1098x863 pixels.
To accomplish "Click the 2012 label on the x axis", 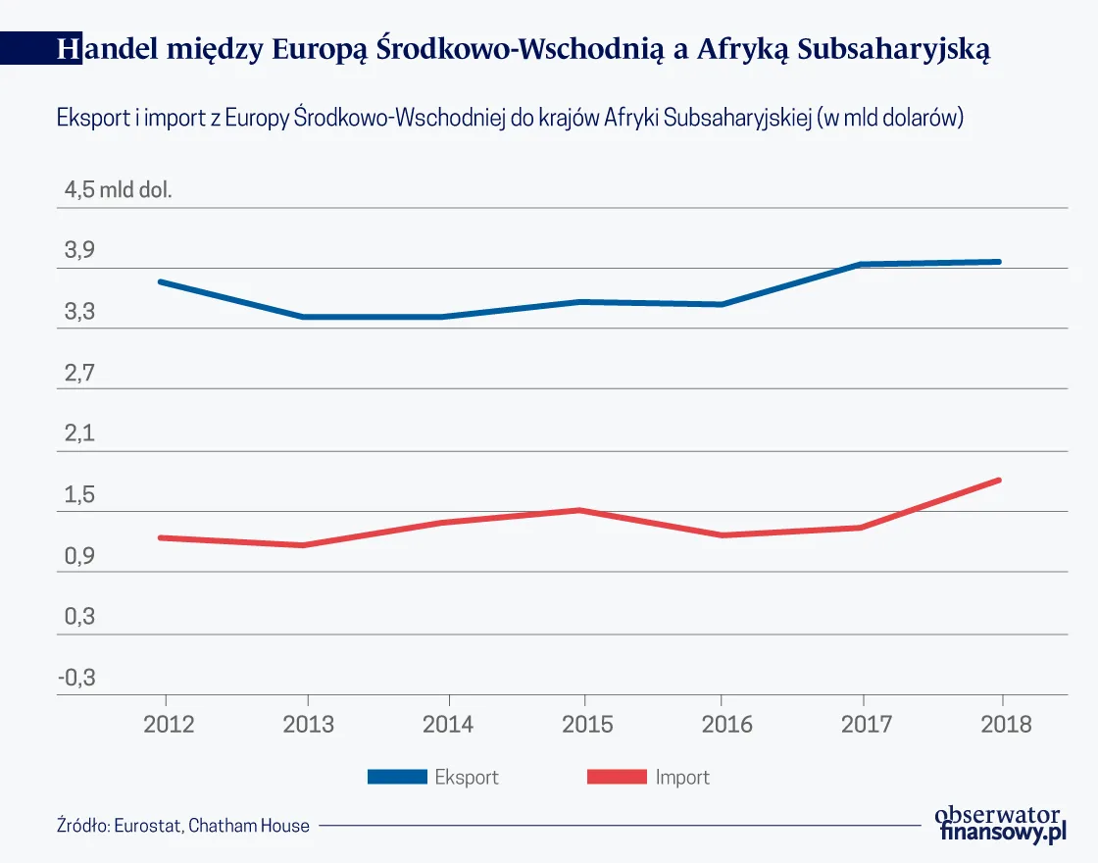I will coord(167,725).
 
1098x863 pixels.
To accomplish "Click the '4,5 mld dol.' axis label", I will coord(118,190).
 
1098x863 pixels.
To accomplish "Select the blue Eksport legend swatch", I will coord(397,777).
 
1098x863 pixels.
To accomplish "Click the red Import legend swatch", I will coord(617,777).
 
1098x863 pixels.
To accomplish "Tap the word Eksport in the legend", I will coord(467,777).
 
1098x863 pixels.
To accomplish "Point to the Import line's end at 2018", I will coord(999,480).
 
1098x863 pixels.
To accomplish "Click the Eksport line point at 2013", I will coord(304,317).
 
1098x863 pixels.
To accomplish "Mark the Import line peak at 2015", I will coord(581,510).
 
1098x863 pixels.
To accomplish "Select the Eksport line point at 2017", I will coord(861,264).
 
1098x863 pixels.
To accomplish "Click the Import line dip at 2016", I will coord(722,535).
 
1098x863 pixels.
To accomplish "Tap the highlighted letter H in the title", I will coord(68,49).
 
